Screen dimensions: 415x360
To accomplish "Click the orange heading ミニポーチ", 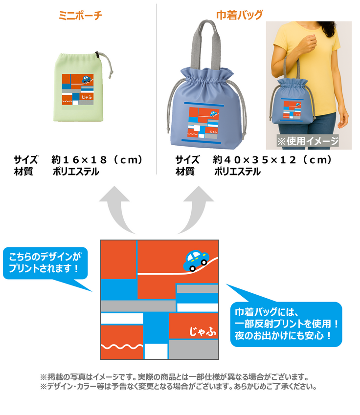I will point(80,15).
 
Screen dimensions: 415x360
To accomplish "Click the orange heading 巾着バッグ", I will point(240,15).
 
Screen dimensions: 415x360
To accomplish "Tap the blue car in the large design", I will point(196,260).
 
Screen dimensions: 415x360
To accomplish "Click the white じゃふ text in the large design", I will point(202,332).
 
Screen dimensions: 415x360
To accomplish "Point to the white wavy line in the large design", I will point(121,348).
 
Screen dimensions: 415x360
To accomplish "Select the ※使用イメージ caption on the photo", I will point(308,141).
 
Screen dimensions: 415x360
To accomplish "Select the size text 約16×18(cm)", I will point(97,159).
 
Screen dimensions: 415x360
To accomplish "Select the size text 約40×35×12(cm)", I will point(272,159).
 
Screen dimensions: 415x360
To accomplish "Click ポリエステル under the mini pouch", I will point(75,172).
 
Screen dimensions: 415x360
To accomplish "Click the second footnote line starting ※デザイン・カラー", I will point(179,386).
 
